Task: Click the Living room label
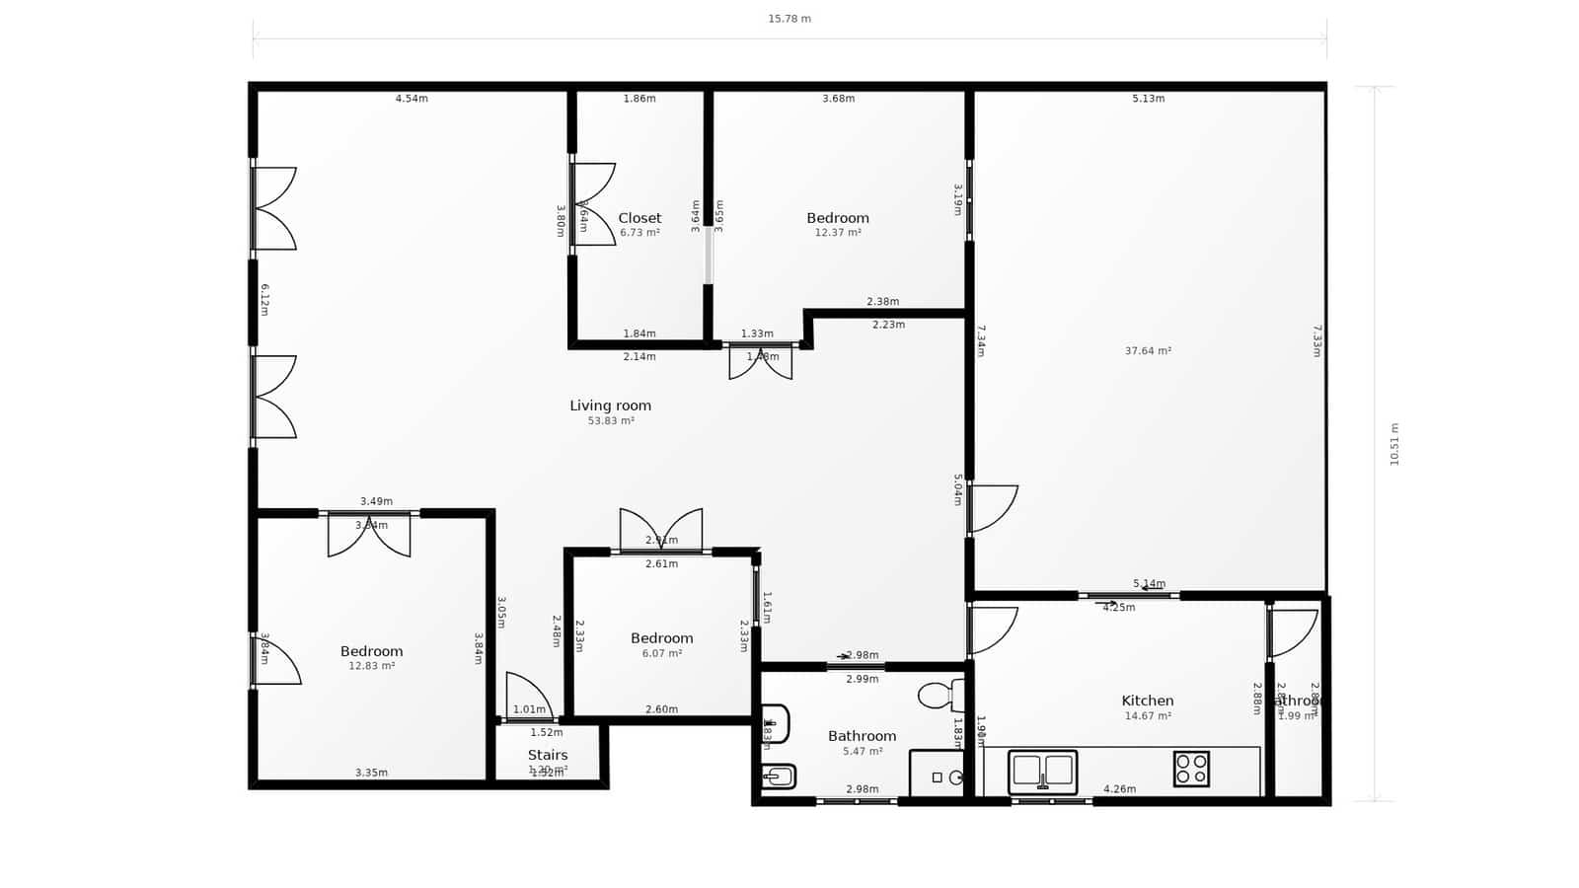pos(610,406)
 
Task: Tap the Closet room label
pos(639,218)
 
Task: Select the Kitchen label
pos(1147,701)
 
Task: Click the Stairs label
pos(547,755)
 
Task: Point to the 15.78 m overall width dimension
pos(789,19)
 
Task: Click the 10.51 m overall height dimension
pos(1393,444)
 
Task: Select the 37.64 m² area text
pos(1147,351)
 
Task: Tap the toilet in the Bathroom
pos(940,695)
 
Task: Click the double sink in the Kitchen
pos(1042,772)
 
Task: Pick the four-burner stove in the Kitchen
pos(1191,769)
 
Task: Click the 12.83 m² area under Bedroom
pos(371,666)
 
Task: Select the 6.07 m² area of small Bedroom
pos(661,653)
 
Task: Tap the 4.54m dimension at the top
pos(412,99)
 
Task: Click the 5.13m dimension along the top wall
pos(1148,99)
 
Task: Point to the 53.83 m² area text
pos(610,421)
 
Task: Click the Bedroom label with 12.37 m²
pos(837,218)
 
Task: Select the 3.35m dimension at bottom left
pos(371,773)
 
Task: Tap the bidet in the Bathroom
pos(778,777)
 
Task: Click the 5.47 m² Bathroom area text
pos(862,752)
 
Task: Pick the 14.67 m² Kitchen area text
pos(1147,716)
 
